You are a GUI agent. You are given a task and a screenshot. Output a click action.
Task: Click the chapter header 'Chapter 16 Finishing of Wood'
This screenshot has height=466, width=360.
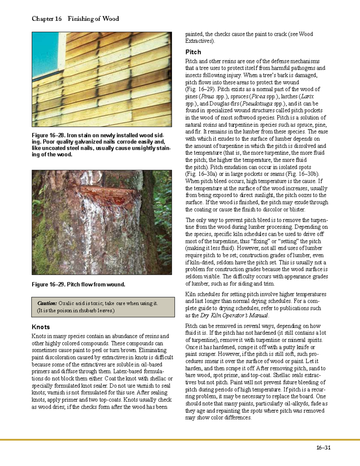click(75, 19)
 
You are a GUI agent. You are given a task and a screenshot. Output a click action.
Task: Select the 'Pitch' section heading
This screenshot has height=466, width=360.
click(193, 52)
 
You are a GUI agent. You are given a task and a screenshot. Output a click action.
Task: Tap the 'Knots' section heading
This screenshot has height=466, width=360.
click(40, 327)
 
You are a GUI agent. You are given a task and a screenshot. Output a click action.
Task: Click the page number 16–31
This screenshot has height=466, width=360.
click(323, 448)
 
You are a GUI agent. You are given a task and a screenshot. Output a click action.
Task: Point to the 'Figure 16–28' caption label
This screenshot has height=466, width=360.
click(48, 135)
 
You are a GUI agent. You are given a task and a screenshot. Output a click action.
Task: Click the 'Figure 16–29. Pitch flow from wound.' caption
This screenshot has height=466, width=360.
click(78, 284)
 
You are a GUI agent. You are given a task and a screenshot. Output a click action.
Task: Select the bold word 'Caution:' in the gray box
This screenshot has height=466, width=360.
click(47, 303)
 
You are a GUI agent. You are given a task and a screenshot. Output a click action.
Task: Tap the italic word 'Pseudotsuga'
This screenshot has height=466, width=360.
click(257, 104)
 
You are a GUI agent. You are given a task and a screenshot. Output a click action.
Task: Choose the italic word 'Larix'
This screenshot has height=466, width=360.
click(307, 97)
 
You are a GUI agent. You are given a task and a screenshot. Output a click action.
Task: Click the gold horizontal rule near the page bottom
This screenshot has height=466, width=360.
click(180, 440)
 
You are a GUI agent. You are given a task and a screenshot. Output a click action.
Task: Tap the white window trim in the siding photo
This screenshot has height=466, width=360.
click(62, 54)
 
